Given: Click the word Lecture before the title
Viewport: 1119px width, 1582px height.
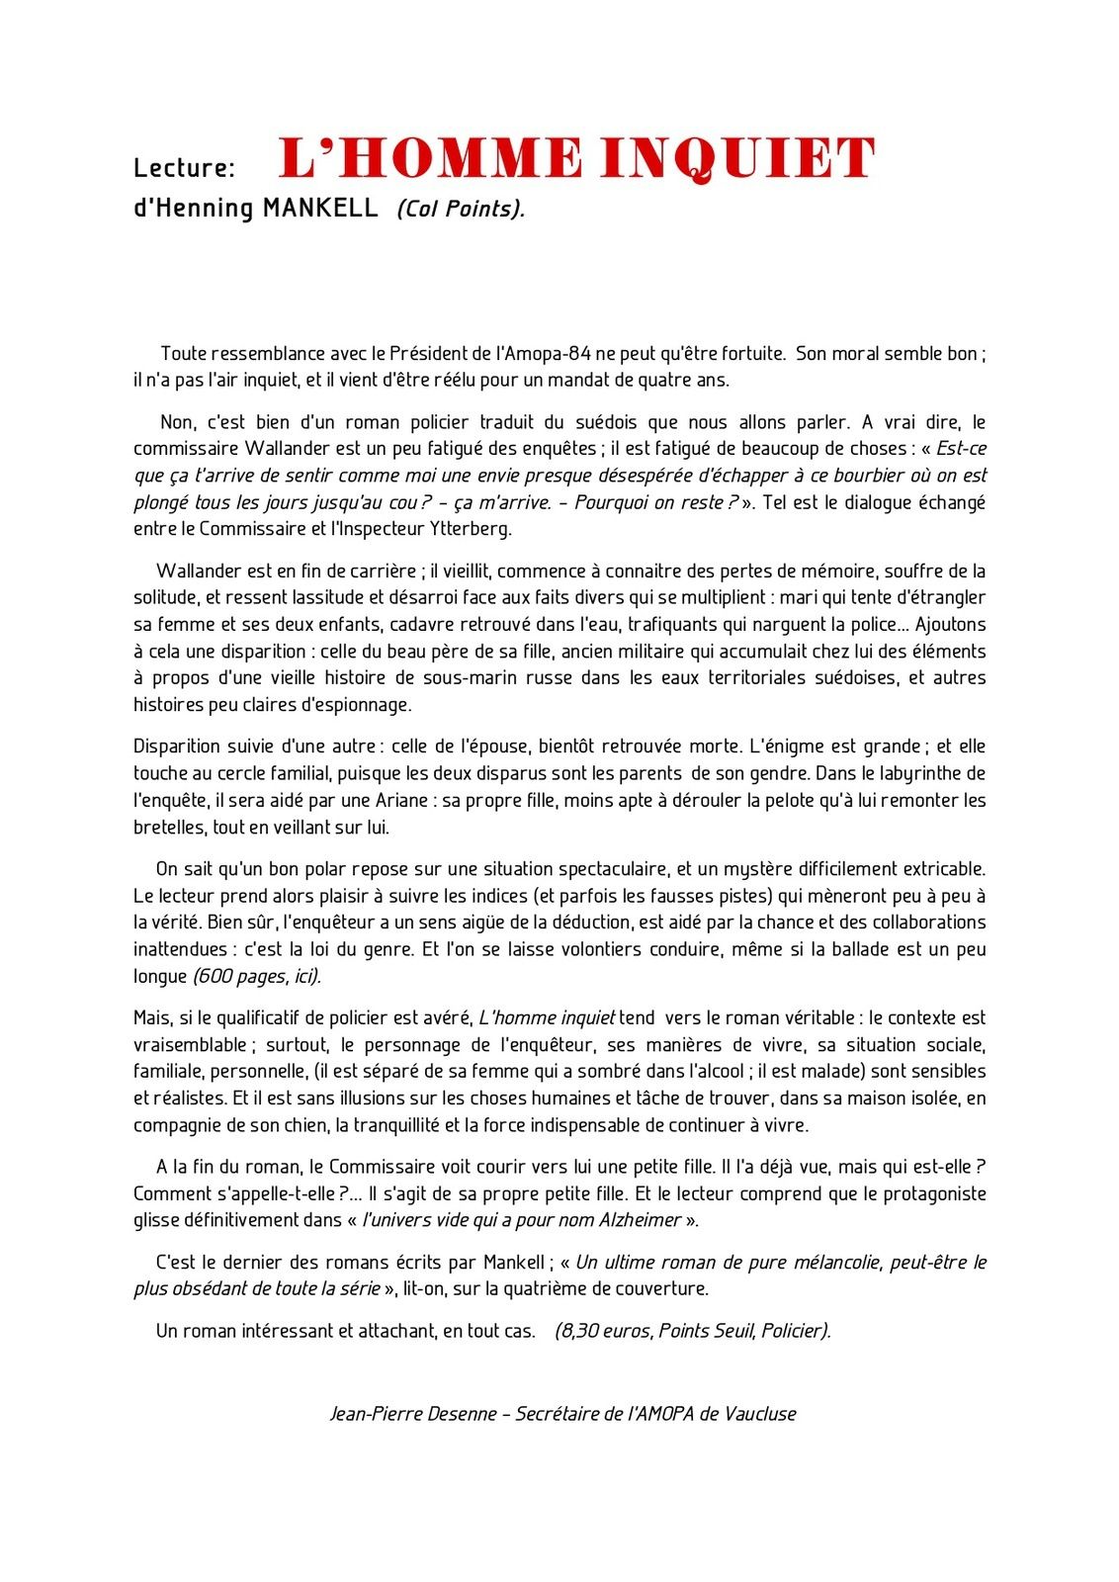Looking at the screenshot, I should [x=184, y=167].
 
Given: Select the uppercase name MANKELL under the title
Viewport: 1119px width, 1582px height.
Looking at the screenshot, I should [x=320, y=208].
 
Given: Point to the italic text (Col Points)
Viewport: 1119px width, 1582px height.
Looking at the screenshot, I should [x=461, y=209].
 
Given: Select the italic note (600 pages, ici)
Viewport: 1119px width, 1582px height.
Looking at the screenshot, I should [x=256, y=976].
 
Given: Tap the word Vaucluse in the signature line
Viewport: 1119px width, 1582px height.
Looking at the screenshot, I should [x=760, y=1413].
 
